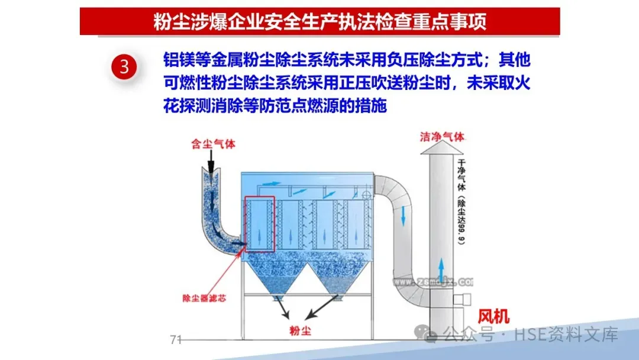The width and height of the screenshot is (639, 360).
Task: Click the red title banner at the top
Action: point(319,21)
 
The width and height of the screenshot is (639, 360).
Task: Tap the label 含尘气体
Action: point(208,144)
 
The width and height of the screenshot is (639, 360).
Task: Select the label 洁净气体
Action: point(441,137)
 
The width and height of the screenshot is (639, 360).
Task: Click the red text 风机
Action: point(493,317)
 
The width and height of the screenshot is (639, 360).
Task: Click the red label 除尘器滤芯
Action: point(204,298)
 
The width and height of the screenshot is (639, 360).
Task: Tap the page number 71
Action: point(175,339)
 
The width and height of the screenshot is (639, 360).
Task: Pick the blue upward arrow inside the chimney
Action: point(440,268)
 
